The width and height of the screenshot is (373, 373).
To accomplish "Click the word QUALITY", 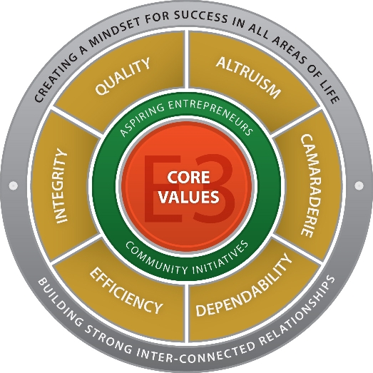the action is click(x=123, y=76).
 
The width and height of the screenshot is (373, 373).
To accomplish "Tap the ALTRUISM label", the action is click(x=248, y=77).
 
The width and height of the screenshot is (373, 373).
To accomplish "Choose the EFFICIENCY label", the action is click(x=126, y=291).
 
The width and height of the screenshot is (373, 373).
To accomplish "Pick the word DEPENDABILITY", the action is click(x=244, y=285).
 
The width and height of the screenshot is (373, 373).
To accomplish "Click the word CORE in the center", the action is click(x=188, y=177).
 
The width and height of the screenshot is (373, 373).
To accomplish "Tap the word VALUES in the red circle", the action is click(x=189, y=197).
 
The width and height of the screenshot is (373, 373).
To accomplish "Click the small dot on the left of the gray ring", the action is click(x=13, y=185).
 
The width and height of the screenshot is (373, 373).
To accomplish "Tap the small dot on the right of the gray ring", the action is click(x=359, y=185).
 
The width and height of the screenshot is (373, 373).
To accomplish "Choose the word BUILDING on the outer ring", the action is click(x=60, y=302).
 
